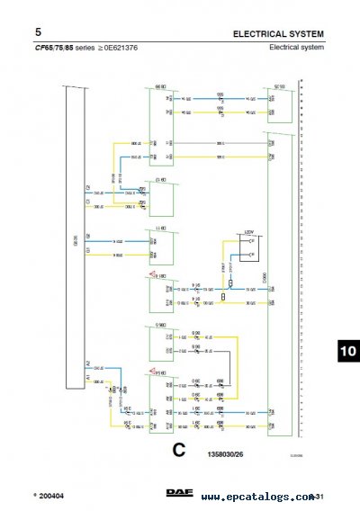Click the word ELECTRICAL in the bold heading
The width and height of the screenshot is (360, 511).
coord(262,33)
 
